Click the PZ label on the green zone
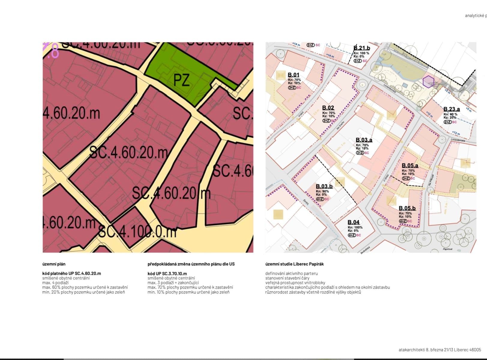pos(182,80)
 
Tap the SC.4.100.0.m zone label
pos(137,232)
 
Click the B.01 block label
pos(293,75)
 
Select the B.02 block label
pos(328,108)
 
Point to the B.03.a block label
pos(364,140)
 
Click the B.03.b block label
pos(324,187)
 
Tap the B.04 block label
pos(353,222)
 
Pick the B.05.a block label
pos(410,166)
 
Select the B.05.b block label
pos(407,208)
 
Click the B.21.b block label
pos(362,48)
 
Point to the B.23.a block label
pos(451,109)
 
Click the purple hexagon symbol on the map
pos(428,81)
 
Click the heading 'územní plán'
pos(54,264)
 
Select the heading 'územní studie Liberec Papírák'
pos(294,264)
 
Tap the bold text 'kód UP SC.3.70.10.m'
pos(167,274)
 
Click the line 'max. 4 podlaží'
pos(56,283)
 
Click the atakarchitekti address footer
pos(440,350)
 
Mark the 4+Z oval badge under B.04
pos(352,235)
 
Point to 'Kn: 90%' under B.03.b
pos(322,191)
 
